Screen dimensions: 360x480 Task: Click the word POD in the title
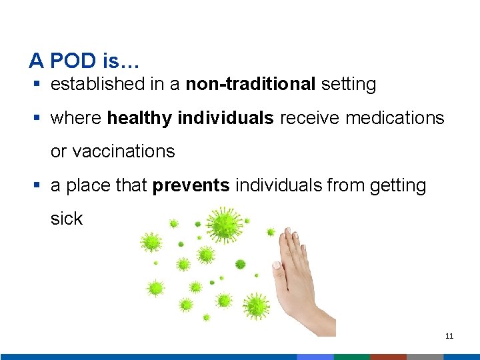(73, 61)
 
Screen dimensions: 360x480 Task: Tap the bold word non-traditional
(251, 85)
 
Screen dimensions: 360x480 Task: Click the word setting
(349, 85)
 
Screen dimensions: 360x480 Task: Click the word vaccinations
(113, 152)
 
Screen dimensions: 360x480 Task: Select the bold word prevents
(191, 185)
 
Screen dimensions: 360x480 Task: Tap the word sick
(66, 219)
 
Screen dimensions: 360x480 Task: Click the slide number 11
(449, 336)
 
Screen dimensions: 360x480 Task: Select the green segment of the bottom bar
(351, 357)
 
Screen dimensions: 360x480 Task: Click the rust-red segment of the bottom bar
(388, 357)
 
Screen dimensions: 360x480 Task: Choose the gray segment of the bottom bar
(425, 357)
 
